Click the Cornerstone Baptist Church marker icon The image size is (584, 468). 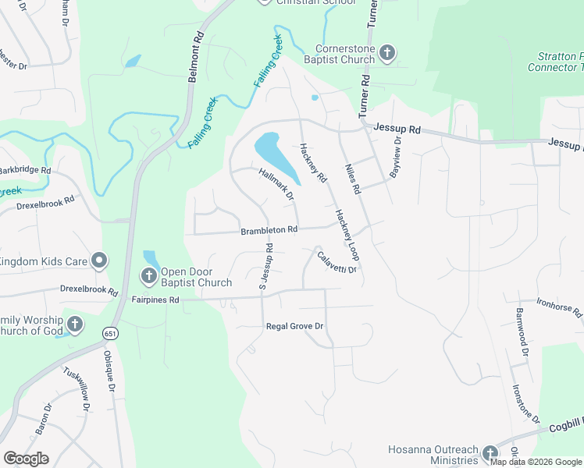[x=388, y=53]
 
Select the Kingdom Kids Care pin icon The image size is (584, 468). [x=99, y=261]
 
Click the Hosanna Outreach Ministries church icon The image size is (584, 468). [x=490, y=453]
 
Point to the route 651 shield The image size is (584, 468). [x=107, y=334]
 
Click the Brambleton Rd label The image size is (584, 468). [x=269, y=230]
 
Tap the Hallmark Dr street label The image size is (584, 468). [x=276, y=187]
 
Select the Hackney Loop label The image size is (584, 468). [x=347, y=234]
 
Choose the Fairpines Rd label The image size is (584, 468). [x=155, y=300]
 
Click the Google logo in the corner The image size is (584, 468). [x=27, y=459]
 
